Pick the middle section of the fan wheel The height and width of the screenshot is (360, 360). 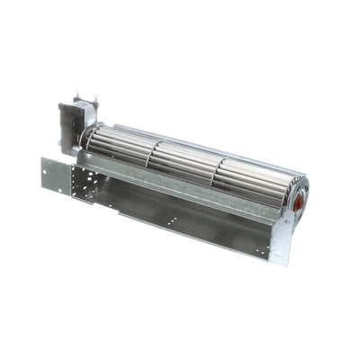(184, 162)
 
